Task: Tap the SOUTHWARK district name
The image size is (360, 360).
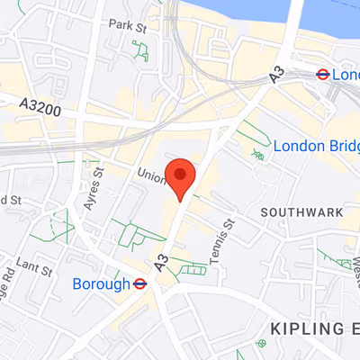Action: (x=301, y=212)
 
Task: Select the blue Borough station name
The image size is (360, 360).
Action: (x=101, y=284)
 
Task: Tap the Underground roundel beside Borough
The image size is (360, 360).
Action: (x=140, y=284)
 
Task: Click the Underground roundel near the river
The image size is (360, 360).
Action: (x=320, y=76)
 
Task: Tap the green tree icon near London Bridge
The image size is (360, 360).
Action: (x=259, y=156)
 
